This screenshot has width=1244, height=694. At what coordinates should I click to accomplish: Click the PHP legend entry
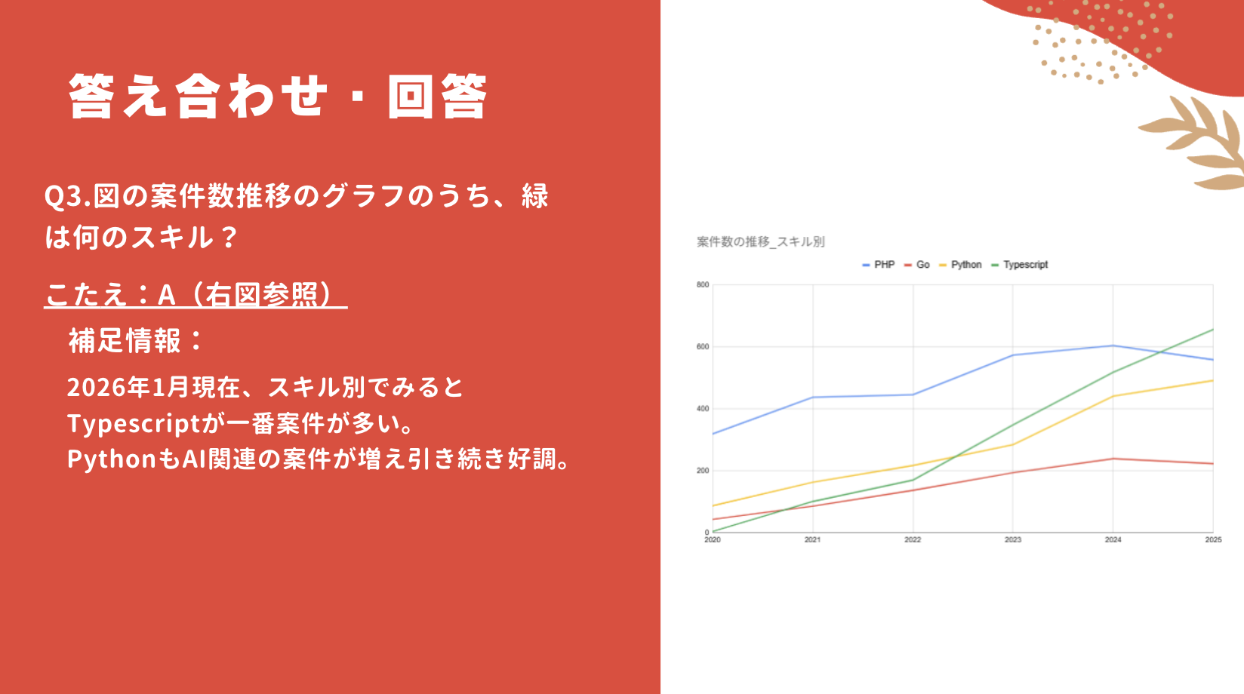[879, 265]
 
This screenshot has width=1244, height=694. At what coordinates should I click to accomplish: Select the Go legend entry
[917, 265]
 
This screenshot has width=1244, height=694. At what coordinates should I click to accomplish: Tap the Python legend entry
[960, 265]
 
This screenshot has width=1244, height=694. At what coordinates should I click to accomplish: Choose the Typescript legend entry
[1020, 265]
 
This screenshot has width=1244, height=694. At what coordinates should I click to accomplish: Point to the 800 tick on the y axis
[703, 285]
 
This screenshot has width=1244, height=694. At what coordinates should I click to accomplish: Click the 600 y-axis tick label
[703, 346]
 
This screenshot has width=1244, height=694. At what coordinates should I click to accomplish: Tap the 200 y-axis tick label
[703, 470]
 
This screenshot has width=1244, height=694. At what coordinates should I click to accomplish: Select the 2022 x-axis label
[913, 539]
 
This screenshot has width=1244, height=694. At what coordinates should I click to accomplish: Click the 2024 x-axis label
[1113, 539]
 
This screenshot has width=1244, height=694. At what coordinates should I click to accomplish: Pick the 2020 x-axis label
[713, 539]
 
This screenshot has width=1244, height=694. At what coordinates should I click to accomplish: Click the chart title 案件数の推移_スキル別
[761, 241]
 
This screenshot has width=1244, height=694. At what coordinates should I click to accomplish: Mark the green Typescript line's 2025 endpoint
[1213, 330]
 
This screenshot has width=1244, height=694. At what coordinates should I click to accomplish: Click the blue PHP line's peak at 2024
[1113, 346]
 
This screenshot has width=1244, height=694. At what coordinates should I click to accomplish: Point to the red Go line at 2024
[1113, 459]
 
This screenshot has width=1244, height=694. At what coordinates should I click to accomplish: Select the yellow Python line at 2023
[1012, 445]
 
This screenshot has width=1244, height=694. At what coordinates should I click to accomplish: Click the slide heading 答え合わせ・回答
[278, 96]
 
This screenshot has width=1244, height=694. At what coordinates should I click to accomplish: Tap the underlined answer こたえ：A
[111, 294]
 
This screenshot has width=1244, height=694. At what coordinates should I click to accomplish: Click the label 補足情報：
[136, 340]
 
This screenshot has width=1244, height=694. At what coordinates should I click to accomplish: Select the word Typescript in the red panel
[134, 424]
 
